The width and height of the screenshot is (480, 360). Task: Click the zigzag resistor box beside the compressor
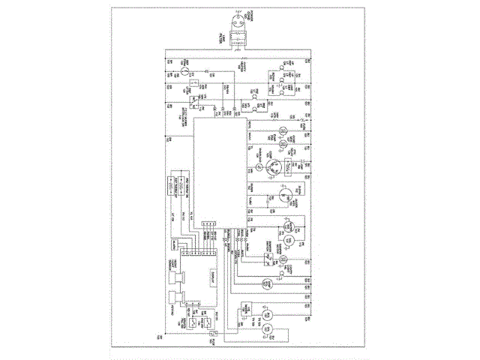coord(288,168)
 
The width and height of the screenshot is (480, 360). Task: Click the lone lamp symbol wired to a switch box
coord(283,260)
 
